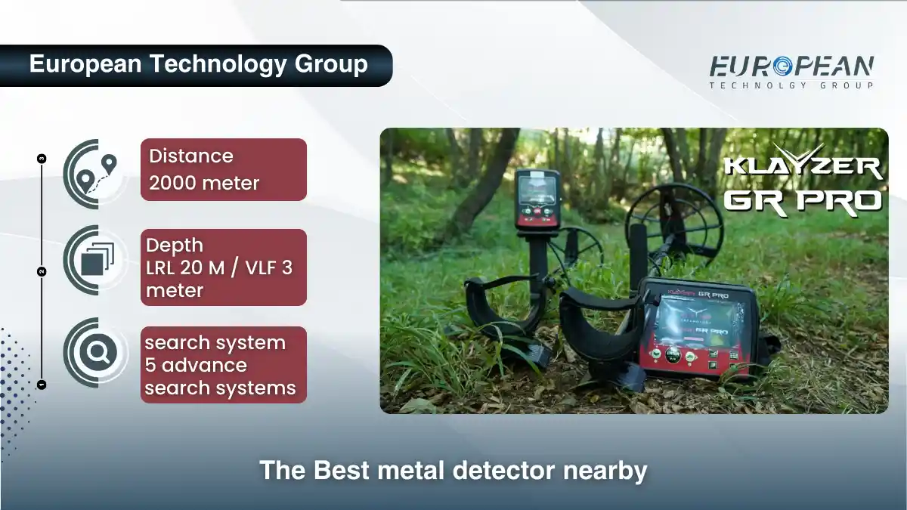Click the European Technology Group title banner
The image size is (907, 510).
tap(198, 64)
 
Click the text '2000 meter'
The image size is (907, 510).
tap(204, 183)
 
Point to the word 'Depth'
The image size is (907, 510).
tap(175, 246)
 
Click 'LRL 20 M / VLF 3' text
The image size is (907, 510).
tap(219, 267)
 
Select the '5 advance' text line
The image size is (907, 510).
tap(196, 366)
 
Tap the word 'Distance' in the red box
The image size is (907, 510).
tap(191, 156)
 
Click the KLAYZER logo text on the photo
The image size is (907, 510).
tap(803, 166)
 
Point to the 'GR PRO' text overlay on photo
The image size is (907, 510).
tap(803, 199)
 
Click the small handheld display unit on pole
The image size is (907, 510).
tap(537, 199)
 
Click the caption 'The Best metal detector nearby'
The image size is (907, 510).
tap(453, 470)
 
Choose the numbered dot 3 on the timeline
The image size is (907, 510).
tap(42, 158)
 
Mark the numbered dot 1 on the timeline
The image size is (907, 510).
tap(42, 384)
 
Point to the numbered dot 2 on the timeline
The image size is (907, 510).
tap(42, 270)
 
